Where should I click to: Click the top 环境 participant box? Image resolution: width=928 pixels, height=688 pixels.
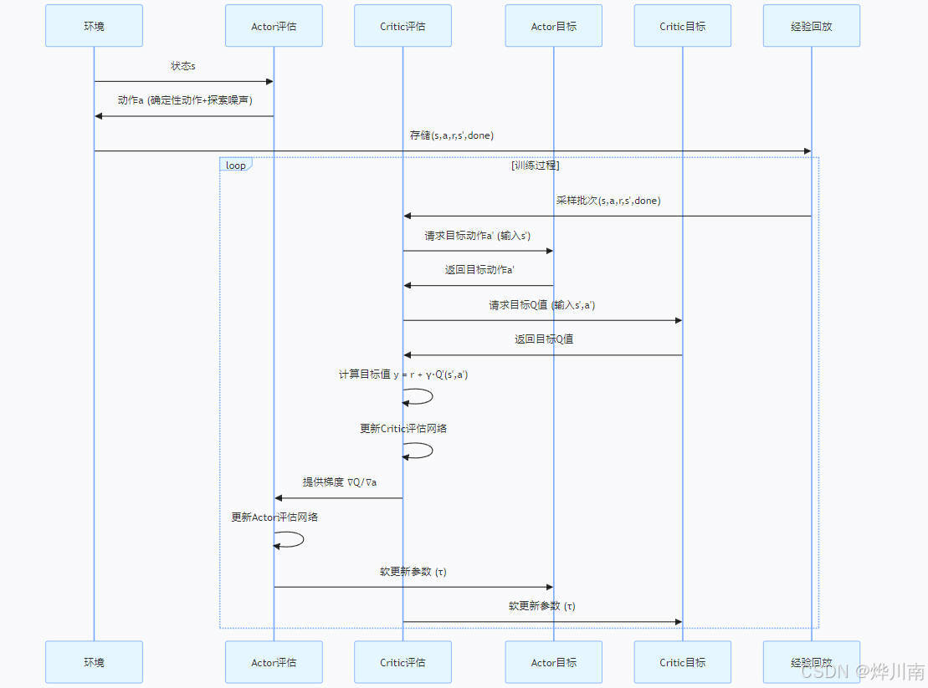point(94,26)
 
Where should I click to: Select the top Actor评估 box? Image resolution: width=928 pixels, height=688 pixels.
point(274,26)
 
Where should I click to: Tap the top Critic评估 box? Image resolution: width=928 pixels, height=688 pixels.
point(402,26)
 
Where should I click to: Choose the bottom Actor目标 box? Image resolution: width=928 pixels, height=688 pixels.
point(553,662)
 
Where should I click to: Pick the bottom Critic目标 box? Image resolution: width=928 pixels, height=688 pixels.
point(682,662)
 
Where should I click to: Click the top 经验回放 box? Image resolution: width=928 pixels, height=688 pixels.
point(811,26)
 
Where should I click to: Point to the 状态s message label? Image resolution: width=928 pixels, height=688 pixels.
point(183,65)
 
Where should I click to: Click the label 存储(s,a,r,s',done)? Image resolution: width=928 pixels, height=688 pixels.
point(452,135)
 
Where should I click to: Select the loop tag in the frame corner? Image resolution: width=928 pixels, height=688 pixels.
point(235,165)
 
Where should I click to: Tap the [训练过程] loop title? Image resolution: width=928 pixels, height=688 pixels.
point(535,166)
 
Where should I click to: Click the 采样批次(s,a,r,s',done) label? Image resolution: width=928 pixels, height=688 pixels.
point(608,201)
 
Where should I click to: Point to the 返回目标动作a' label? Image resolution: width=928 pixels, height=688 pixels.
point(479,270)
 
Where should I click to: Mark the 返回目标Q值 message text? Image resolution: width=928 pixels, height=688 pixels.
point(543,339)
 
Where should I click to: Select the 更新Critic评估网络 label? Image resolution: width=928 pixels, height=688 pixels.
point(403,428)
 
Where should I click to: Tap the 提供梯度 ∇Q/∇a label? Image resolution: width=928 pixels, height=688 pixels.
point(340,482)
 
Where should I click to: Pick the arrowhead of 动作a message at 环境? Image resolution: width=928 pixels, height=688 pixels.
point(98,116)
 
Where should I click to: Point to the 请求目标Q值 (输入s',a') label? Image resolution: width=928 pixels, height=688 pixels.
point(542,305)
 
